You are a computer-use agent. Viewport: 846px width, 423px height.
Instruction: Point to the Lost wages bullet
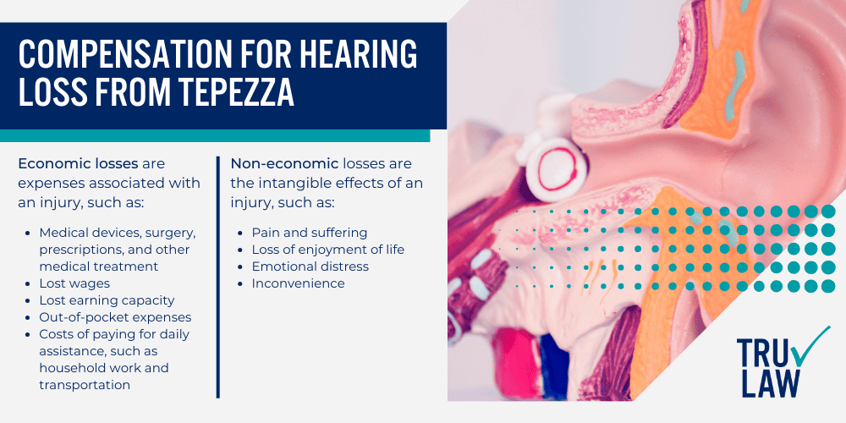[x=74, y=283]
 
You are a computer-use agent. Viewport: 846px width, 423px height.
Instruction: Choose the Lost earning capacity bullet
[x=107, y=300]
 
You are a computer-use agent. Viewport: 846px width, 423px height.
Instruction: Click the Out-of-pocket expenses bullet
[x=115, y=317]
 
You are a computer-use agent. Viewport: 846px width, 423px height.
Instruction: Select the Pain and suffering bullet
[x=310, y=232]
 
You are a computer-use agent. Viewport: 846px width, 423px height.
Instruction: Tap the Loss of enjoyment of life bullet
[x=328, y=250]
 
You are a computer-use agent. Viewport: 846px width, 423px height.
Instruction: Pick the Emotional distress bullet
[x=310, y=266]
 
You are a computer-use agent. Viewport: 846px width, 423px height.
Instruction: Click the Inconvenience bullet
[x=298, y=283]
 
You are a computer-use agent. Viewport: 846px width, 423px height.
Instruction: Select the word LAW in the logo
[x=768, y=382]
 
